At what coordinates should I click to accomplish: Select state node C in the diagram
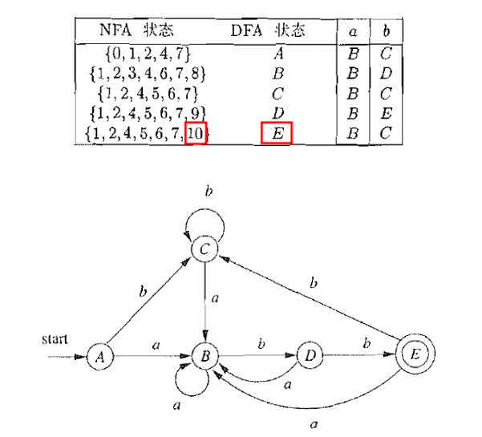coord(206,250)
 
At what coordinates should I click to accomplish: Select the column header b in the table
coord(386,32)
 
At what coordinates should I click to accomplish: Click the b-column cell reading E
coord(386,113)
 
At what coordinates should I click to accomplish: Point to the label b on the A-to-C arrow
coord(144,291)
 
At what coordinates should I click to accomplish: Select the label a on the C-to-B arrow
coord(216,298)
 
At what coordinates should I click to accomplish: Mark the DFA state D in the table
coord(277,113)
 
